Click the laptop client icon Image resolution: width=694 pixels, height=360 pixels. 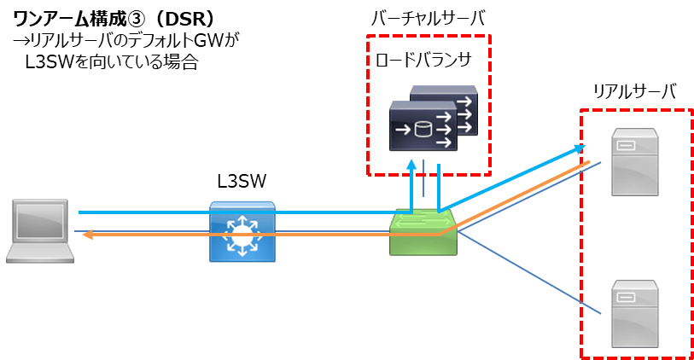[x=40, y=231]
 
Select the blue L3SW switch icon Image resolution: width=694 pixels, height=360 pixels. [x=242, y=232]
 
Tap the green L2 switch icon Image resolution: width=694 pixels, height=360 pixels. [x=423, y=232]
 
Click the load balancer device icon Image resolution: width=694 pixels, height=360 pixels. [x=434, y=118]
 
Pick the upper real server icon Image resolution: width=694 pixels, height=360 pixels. [x=635, y=162]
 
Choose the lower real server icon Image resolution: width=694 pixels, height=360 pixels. [x=635, y=314]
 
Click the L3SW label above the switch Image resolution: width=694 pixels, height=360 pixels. [x=242, y=182]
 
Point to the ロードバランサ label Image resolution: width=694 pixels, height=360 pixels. [x=423, y=60]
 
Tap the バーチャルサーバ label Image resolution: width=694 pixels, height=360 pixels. [x=428, y=19]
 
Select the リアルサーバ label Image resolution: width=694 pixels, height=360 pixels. [x=634, y=91]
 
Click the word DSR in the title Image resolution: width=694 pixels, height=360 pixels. [x=183, y=19]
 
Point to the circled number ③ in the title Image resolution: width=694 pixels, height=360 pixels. [x=136, y=19]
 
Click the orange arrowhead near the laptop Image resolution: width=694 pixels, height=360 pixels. [x=87, y=235]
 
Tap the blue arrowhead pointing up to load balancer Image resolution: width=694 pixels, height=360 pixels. [x=411, y=165]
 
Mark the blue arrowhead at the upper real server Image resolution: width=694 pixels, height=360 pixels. [x=580, y=148]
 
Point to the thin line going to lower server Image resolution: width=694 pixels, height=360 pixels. [x=528, y=272]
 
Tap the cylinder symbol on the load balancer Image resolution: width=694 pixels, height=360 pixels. [x=423, y=130]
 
